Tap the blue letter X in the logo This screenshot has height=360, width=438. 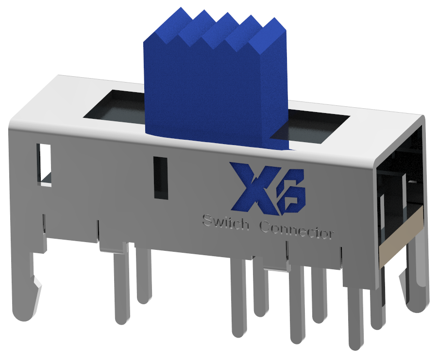tap(251, 189)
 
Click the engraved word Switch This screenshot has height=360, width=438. tap(226, 224)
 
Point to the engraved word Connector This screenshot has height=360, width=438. tap(297, 230)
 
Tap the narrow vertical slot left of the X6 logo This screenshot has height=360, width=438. tap(160, 178)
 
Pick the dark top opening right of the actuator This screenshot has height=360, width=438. tap(313, 127)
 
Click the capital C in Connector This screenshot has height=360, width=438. tap(265, 227)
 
